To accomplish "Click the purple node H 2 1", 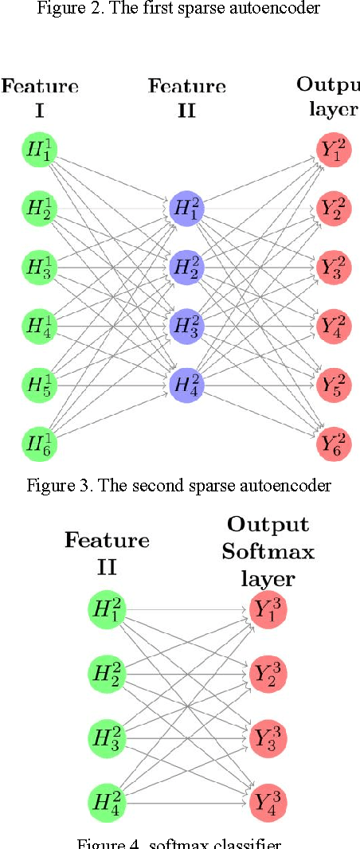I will click(186, 209).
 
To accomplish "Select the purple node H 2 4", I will click(186, 384).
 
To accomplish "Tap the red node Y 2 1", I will click(334, 150).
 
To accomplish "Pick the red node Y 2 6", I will click(334, 441).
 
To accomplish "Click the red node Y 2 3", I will click(334, 266).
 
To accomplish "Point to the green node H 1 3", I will click(39, 266).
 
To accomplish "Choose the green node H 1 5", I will click(39, 383).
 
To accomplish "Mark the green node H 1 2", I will click(39, 208).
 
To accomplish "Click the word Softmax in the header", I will click(268, 550).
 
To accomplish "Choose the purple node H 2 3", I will click(186, 325).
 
